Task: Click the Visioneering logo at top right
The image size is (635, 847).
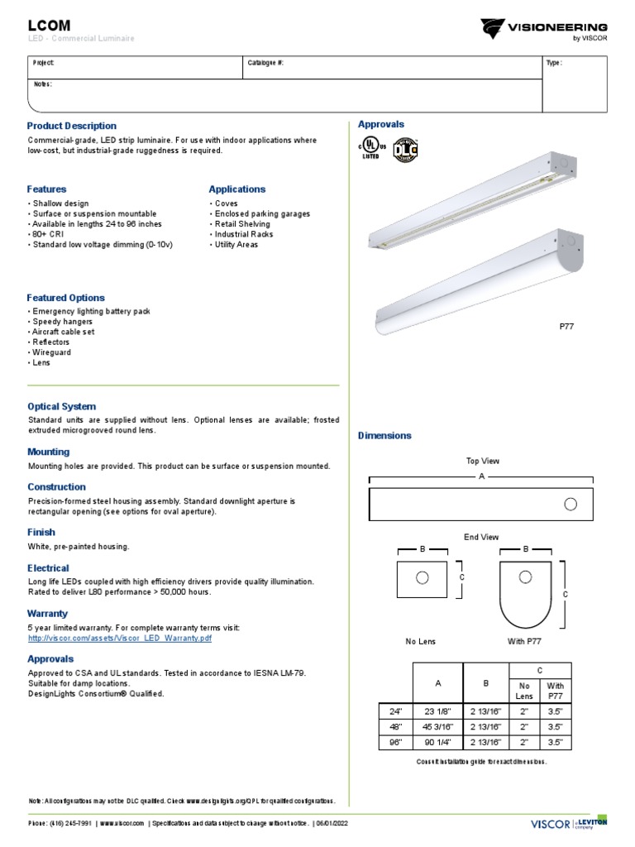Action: (545, 30)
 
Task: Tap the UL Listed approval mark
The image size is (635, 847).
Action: (371, 147)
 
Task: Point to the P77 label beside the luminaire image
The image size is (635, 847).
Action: (566, 327)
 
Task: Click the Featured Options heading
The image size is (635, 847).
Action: (66, 298)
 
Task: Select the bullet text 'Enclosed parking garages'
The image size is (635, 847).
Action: (261, 213)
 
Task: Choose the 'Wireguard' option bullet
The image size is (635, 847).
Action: (51, 352)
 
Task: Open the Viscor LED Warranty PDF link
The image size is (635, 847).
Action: (120, 639)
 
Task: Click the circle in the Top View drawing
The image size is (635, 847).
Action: (570, 504)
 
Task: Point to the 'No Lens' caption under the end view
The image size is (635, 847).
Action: (420, 641)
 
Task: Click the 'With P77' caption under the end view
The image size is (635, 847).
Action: (525, 641)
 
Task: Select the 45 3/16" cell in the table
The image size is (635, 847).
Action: (438, 726)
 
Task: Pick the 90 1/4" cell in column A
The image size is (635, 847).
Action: (438, 742)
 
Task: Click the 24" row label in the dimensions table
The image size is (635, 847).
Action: (394, 711)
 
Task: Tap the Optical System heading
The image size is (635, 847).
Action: (62, 407)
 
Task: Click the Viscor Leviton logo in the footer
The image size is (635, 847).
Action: (568, 823)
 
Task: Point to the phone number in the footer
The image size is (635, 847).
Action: (59, 824)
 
